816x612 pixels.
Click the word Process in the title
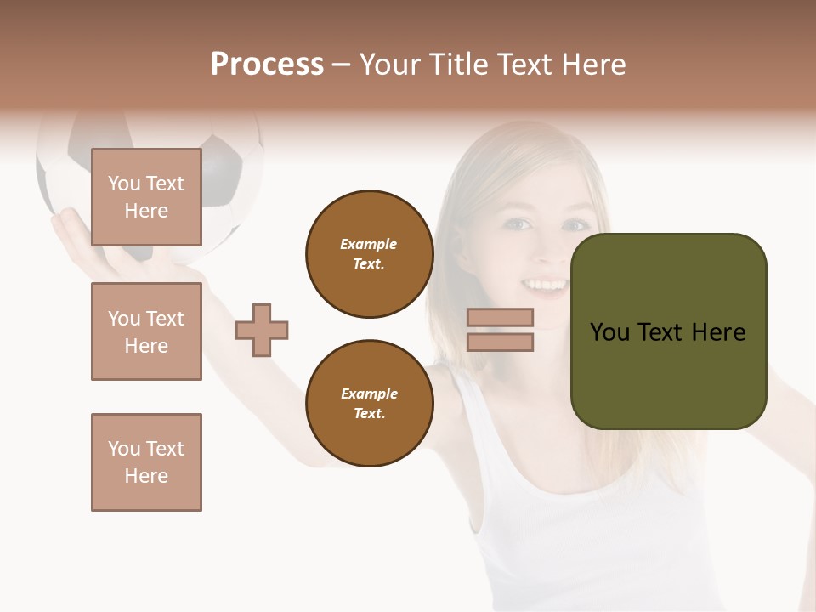click(267, 65)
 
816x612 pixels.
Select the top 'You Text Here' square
click(146, 197)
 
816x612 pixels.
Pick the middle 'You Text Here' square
click(146, 331)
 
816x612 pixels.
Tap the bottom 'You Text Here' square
click(146, 462)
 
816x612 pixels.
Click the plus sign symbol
click(262, 330)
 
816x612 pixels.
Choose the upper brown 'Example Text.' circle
click(369, 254)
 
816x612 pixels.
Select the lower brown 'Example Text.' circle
click(369, 404)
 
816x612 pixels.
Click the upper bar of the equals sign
click(500, 317)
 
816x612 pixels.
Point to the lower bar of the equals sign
click(500, 342)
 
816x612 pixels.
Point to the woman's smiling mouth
click(545, 286)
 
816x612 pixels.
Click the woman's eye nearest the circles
click(519, 224)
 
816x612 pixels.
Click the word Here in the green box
click(718, 332)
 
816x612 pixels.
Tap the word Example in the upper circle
click(369, 244)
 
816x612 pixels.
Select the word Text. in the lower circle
click(369, 413)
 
